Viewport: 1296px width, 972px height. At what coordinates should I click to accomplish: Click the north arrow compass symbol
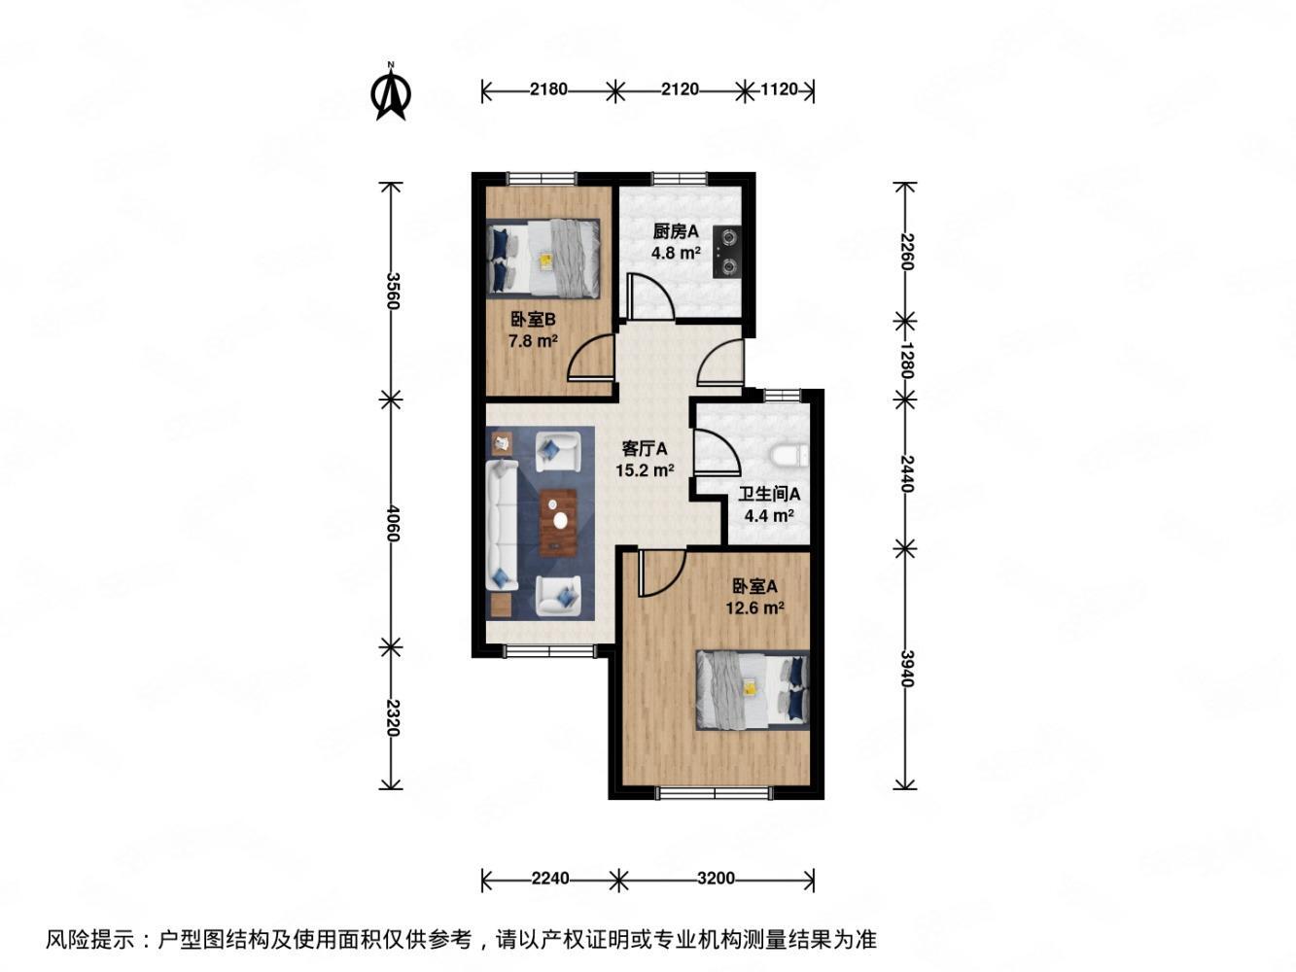[391, 93]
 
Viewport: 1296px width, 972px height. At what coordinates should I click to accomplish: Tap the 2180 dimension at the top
[548, 90]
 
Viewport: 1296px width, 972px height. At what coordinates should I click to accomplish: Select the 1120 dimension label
[778, 90]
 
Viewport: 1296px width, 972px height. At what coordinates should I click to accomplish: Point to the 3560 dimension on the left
[392, 291]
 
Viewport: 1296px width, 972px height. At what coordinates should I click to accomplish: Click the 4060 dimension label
[392, 524]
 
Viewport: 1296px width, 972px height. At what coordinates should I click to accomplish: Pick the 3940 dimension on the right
[906, 668]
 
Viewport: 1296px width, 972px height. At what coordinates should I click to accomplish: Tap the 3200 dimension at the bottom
[716, 879]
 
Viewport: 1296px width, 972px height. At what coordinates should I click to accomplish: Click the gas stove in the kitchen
[727, 251]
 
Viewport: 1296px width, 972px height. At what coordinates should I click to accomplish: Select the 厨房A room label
[676, 231]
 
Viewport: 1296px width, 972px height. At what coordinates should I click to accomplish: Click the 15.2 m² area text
[645, 470]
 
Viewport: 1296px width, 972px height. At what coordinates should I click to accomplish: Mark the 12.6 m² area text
[754, 608]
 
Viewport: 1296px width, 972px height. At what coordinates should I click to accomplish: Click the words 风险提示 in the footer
[88, 940]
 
